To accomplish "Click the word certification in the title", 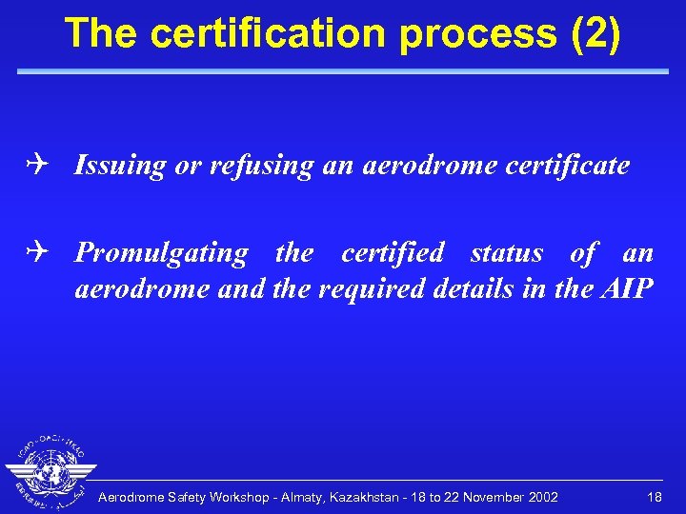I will [269, 34].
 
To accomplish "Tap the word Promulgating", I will [161, 253].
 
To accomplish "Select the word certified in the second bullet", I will [393, 253].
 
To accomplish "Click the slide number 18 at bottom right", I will [655, 497].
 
